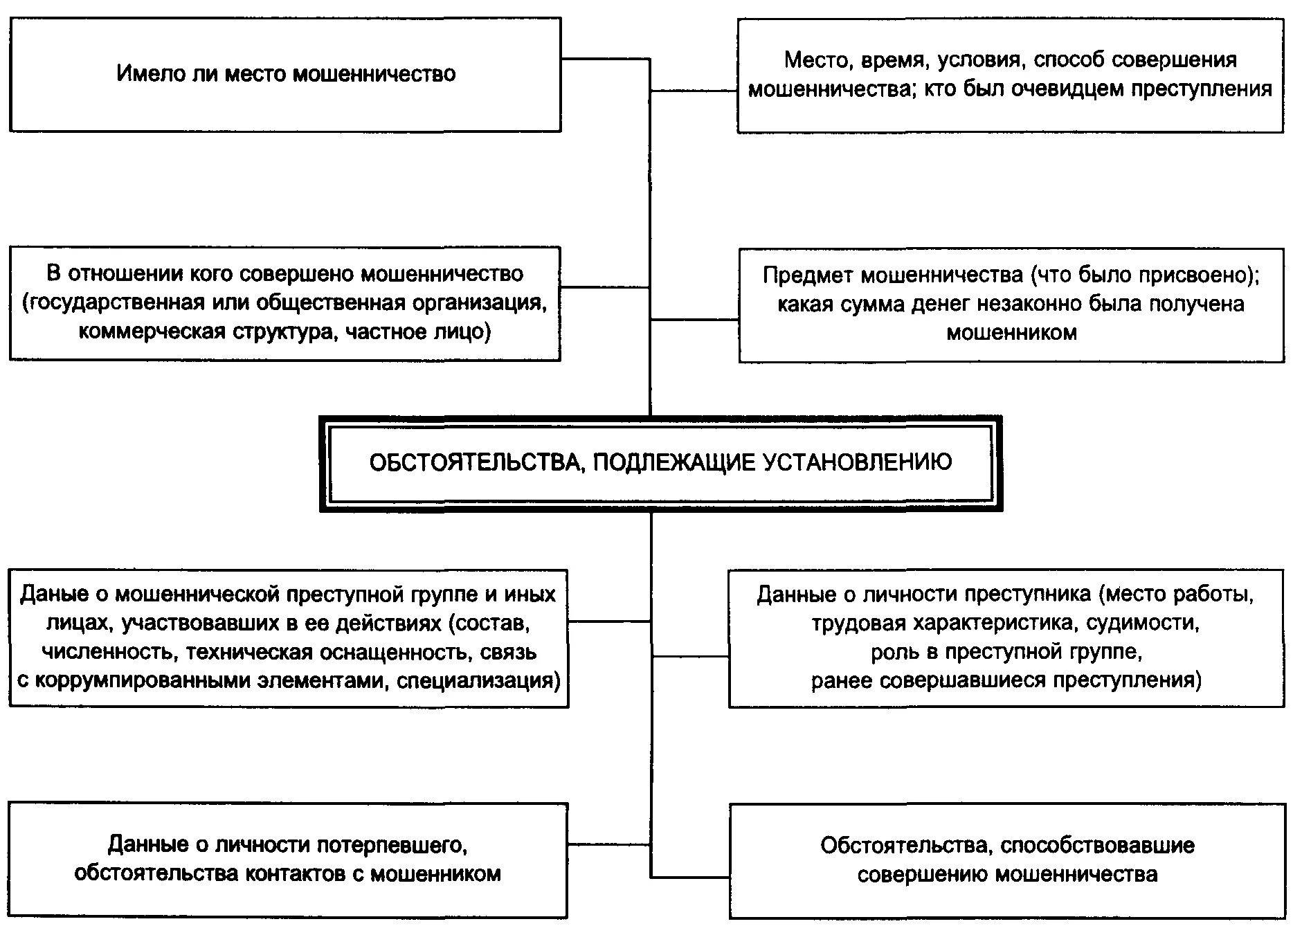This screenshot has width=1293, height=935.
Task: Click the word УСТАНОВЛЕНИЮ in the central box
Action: pos(858,462)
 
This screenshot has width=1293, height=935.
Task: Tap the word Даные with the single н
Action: pos(54,594)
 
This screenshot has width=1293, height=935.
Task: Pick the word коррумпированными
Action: pos(141,681)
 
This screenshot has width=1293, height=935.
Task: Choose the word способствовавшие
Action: pos(1097,845)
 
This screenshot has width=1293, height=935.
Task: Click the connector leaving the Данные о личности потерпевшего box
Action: pos(608,844)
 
